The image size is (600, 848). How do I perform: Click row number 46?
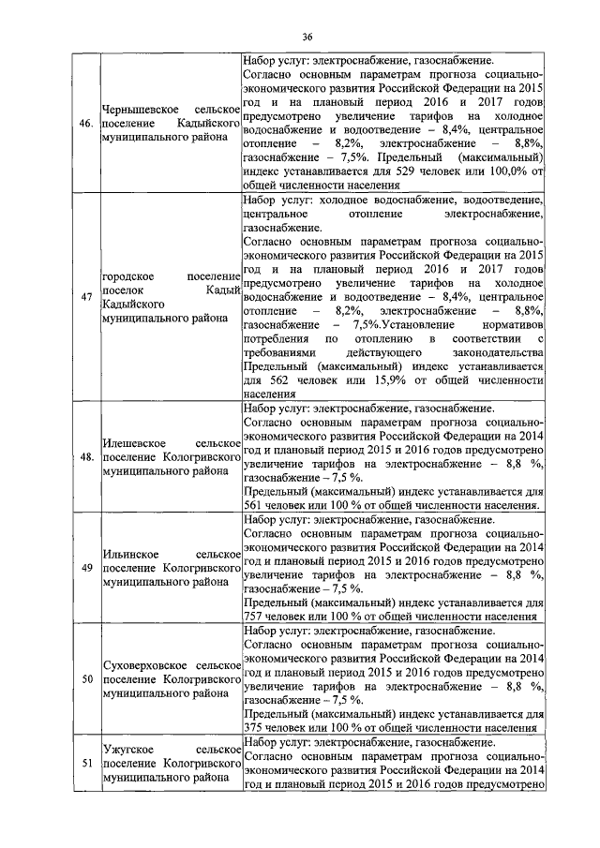(84, 123)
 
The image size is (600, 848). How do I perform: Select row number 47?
(84, 297)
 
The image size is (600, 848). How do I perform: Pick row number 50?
(84, 677)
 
